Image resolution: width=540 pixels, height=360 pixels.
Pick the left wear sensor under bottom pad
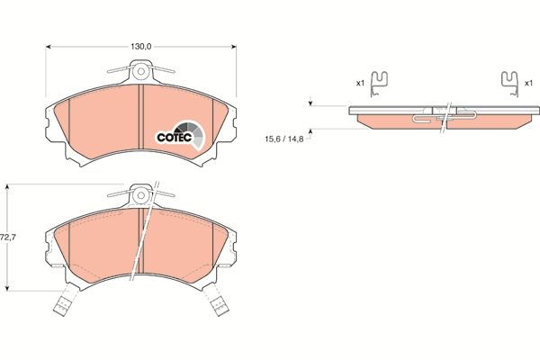pyautogui.click(x=64, y=305)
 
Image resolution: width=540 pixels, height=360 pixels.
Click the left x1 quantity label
pyautogui.click(x=360, y=83)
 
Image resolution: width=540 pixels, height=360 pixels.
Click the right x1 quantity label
pyautogui.click(x=528, y=83)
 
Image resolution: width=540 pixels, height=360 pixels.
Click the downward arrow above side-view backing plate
pyautogui.click(x=310, y=103)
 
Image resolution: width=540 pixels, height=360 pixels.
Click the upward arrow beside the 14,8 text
pyautogui.click(x=310, y=132)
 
